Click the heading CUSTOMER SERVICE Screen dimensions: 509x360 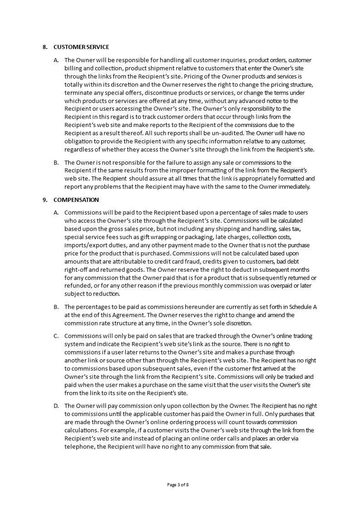(x=81, y=47)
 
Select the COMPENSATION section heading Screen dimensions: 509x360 (x=76, y=200)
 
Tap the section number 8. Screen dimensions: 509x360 (x=44, y=47)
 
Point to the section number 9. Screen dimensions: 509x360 (x=44, y=200)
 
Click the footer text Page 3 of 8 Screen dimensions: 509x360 (x=178, y=485)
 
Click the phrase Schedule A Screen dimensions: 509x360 (x=302, y=307)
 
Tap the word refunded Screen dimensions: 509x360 (x=77, y=286)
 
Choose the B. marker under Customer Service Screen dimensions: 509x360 (x=56, y=162)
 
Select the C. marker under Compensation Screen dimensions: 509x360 (x=56, y=336)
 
